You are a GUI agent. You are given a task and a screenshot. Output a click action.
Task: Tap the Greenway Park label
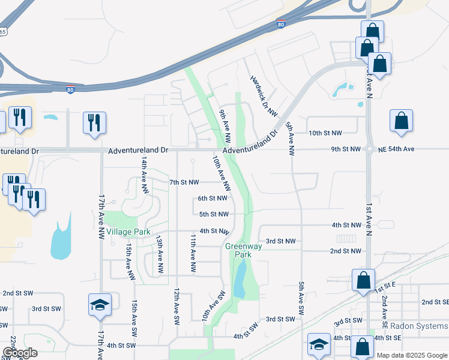click(x=243, y=250)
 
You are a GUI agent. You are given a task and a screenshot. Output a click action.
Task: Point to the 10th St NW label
click(x=324, y=133)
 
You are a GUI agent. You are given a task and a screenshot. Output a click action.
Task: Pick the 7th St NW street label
click(x=184, y=181)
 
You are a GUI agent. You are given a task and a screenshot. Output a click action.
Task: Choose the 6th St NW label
click(x=212, y=198)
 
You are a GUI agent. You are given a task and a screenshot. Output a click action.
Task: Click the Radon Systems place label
click(x=418, y=326)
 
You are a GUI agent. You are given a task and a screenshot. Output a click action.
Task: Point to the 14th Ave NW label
click(x=145, y=175)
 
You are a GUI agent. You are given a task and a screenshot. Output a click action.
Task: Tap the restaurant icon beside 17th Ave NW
click(x=94, y=123)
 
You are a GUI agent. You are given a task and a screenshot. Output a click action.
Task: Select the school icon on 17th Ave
click(x=100, y=305)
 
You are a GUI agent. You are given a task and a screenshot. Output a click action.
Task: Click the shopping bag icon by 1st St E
click(x=363, y=280)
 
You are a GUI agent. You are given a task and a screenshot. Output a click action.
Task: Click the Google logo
click(x=20, y=353)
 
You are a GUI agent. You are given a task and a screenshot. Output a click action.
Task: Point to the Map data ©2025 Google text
click(x=412, y=355)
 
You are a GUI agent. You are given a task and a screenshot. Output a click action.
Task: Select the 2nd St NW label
click(x=345, y=251)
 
